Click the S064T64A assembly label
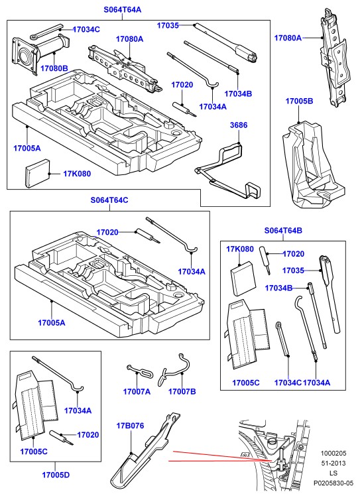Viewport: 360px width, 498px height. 122,10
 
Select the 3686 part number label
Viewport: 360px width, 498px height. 239,125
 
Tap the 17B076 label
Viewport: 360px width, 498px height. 130,426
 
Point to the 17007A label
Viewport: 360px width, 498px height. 137,392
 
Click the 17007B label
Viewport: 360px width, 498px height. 182,392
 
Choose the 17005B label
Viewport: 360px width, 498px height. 299,101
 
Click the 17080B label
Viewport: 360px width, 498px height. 54,68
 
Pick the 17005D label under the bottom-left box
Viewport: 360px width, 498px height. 56,475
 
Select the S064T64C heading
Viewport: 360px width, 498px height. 109,200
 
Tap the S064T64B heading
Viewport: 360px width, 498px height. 283,231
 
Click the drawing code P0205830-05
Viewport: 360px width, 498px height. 333,483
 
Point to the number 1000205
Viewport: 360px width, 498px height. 333,453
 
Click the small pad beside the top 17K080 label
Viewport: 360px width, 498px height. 38,174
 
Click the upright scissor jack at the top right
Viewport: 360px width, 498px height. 334,57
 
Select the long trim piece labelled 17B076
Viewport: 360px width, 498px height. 145,453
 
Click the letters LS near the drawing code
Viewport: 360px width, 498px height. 333,473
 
